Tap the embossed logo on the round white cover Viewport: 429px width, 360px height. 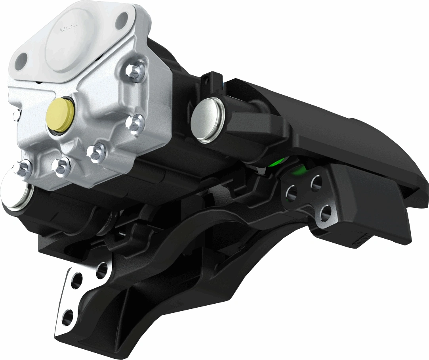(69, 29)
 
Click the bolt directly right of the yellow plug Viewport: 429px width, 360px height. (133, 123)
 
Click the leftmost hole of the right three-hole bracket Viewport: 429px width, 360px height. (292, 193)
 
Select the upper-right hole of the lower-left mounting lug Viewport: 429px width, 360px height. (102, 270)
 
